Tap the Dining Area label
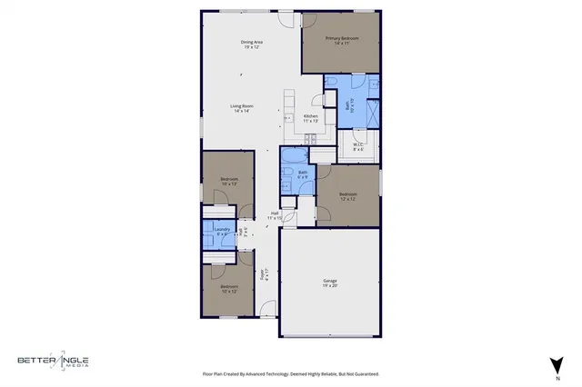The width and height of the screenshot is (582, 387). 252,44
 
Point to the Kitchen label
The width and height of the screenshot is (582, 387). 311,118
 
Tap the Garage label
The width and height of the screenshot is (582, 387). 329,283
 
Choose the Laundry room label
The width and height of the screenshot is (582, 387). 221,231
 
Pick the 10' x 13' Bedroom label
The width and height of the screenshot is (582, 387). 229,181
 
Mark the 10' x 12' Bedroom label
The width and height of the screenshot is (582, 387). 227,289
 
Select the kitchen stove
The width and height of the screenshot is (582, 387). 310,138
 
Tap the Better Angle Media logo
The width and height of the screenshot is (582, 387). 52,362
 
